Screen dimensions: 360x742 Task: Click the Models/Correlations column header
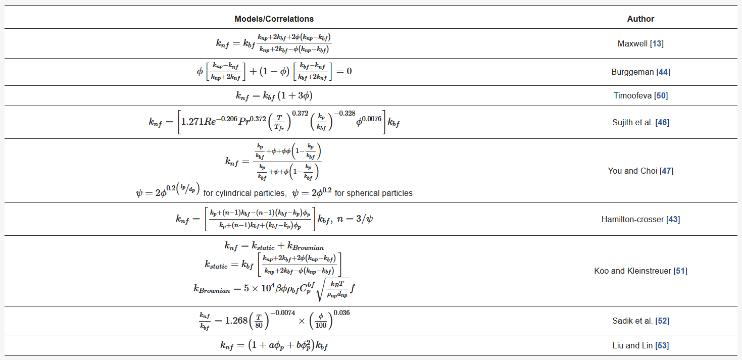[274, 19]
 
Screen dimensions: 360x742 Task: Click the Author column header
[640, 19]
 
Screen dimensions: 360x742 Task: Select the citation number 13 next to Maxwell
[657, 44]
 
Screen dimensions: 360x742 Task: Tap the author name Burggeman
[632, 72]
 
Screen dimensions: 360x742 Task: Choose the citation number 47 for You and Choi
[666, 171]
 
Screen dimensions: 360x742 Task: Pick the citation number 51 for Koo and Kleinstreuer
[680, 271]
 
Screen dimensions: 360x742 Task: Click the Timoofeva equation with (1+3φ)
[277, 95]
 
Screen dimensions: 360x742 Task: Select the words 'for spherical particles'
[373, 193]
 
